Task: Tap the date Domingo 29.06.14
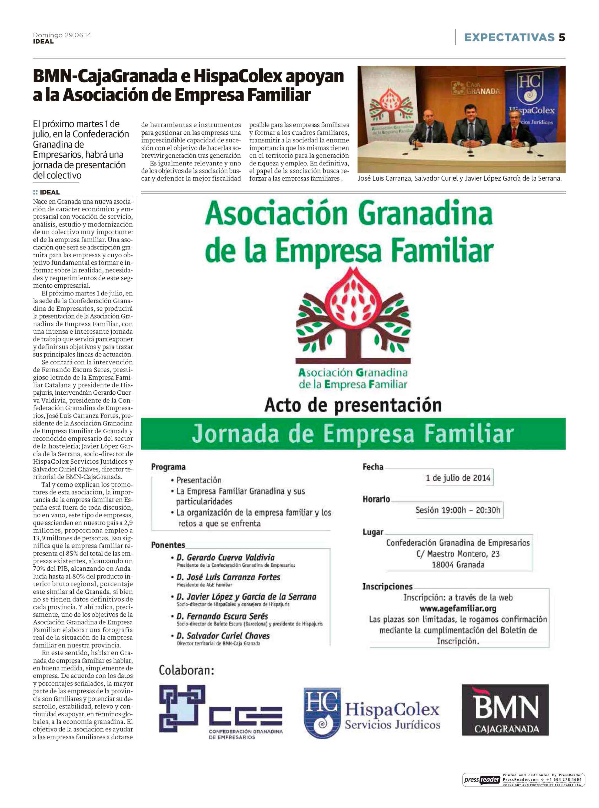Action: point(62,35)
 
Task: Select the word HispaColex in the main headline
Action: point(238,76)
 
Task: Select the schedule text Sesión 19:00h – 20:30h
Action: point(458,510)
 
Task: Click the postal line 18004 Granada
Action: point(458,565)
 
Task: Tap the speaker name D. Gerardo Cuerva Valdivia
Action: point(225,557)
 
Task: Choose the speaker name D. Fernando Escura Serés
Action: point(222,616)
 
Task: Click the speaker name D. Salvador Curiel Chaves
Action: point(223,636)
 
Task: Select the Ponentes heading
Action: point(168,545)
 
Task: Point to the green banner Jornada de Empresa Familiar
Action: point(353,434)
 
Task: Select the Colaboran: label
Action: point(186,670)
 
